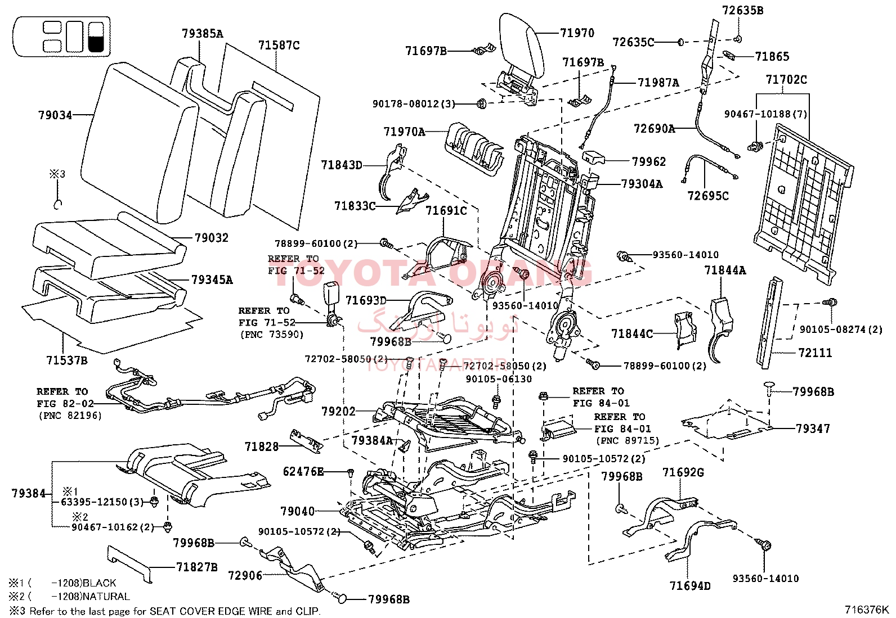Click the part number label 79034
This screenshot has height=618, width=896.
pyautogui.click(x=55, y=115)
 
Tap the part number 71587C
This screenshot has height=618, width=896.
pyautogui.click(x=279, y=46)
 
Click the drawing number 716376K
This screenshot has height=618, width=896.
pyautogui.click(x=866, y=610)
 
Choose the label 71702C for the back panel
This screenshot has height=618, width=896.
pyautogui.click(x=786, y=80)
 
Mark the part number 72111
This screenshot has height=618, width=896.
pyautogui.click(x=814, y=353)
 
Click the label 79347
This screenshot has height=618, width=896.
pyautogui.click(x=813, y=428)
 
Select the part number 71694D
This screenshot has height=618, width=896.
pyautogui.click(x=689, y=586)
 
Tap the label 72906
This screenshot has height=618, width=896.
pyautogui.click(x=245, y=575)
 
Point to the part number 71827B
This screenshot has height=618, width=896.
pyautogui.click(x=196, y=567)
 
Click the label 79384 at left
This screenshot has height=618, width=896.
pyautogui.click(x=28, y=494)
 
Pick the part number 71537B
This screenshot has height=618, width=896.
pyautogui.click(x=66, y=360)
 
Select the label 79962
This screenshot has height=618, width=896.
pyautogui.click(x=648, y=162)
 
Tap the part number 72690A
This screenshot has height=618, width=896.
pyautogui.click(x=654, y=129)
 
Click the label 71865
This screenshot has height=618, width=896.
pyautogui.click(x=772, y=56)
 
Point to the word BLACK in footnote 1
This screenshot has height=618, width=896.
pyautogui.click(x=99, y=583)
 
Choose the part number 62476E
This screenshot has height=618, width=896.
pyautogui.click(x=303, y=471)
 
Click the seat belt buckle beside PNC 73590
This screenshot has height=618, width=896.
pyautogui.click(x=329, y=304)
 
